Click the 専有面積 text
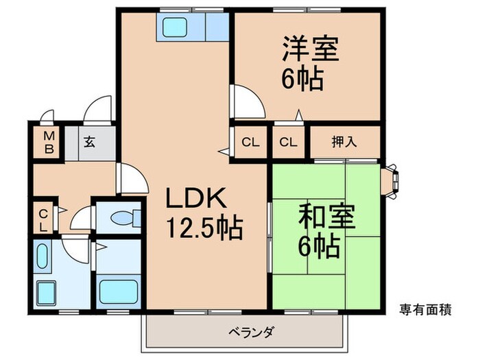pyautogui.click(x=424, y=310)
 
